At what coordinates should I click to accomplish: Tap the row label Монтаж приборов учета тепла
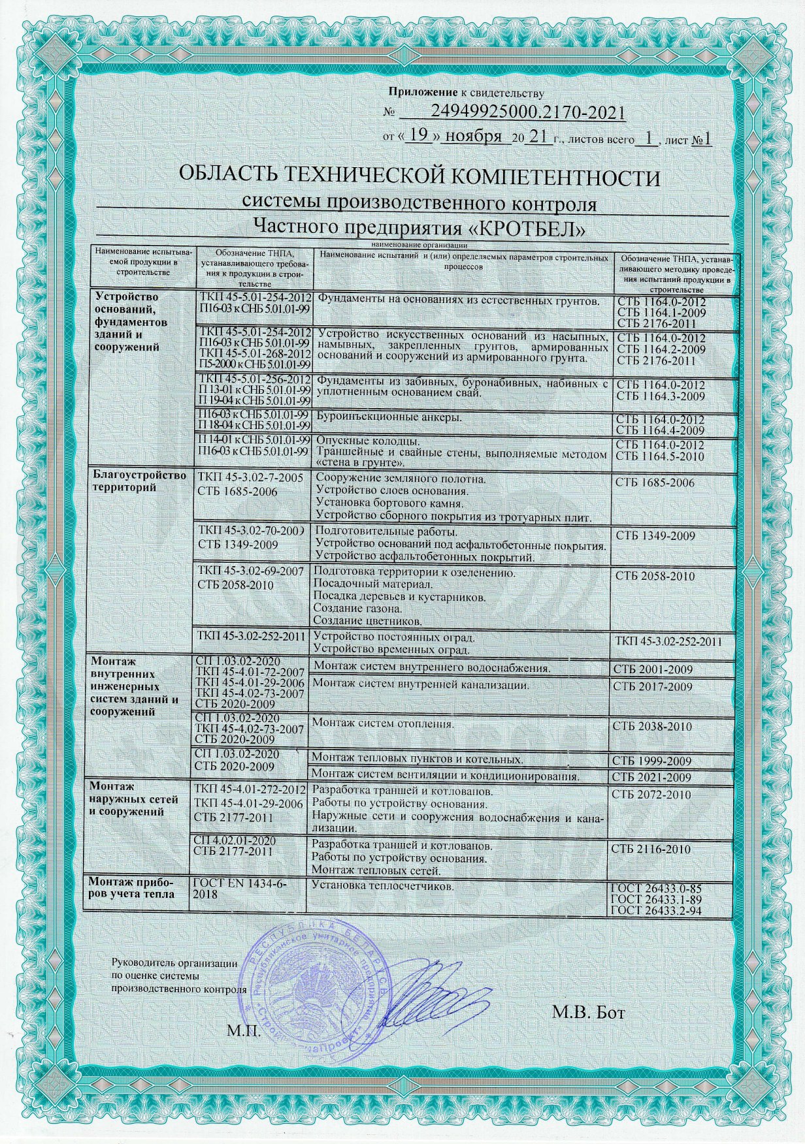(x=134, y=888)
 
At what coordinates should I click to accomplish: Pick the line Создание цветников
(x=368, y=620)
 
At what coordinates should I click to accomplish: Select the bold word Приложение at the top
(x=418, y=92)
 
